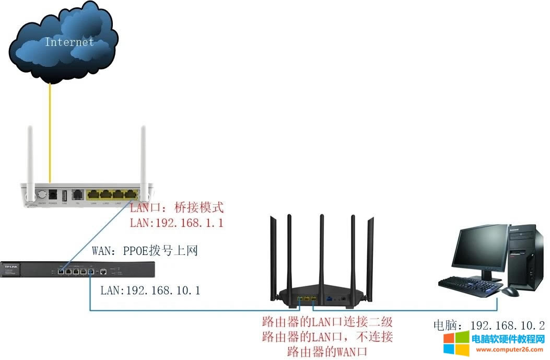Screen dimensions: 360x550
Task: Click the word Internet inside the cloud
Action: pos(69,42)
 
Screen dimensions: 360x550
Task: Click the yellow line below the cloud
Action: pos(50,131)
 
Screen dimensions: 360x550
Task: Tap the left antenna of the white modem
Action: pos(30,157)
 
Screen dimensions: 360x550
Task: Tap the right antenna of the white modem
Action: pos(142,157)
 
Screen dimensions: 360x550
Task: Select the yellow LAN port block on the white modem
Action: pos(111,195)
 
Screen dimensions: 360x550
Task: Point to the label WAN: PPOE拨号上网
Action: pos(145,252)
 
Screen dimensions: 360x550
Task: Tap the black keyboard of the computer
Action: pos(468,284)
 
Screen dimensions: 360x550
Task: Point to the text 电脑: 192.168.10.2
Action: pos(489,325)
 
